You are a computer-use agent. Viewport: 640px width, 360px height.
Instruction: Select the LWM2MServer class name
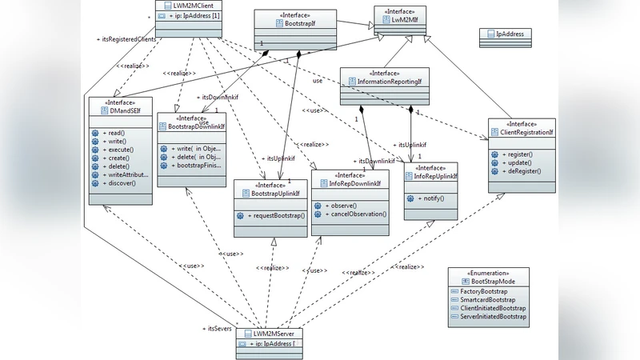[274, 333]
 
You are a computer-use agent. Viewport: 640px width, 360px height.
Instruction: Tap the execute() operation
[119, 150]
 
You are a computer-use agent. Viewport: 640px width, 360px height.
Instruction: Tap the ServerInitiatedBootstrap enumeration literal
[492, 317]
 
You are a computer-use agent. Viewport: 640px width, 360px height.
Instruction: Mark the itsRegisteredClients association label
[129, 39]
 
